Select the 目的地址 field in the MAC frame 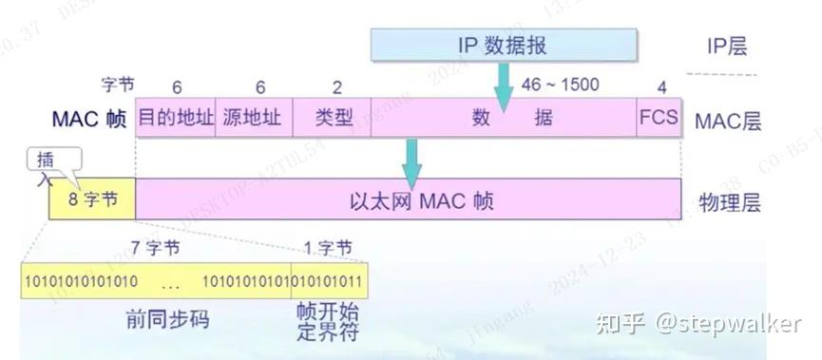coord(176,118)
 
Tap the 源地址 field coord(254,118)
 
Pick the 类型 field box coord(332,118)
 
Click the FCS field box coord(659,118)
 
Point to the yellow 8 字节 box coord(92,200)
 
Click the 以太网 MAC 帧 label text coord(409,200)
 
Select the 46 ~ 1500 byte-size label coord(560,85)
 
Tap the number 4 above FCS coord(661,87)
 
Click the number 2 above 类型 coord(337,87)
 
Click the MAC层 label coord(728,120)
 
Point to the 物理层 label coord(729,201)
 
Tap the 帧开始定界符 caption coord(324,325)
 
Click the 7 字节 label coord(155,249)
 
